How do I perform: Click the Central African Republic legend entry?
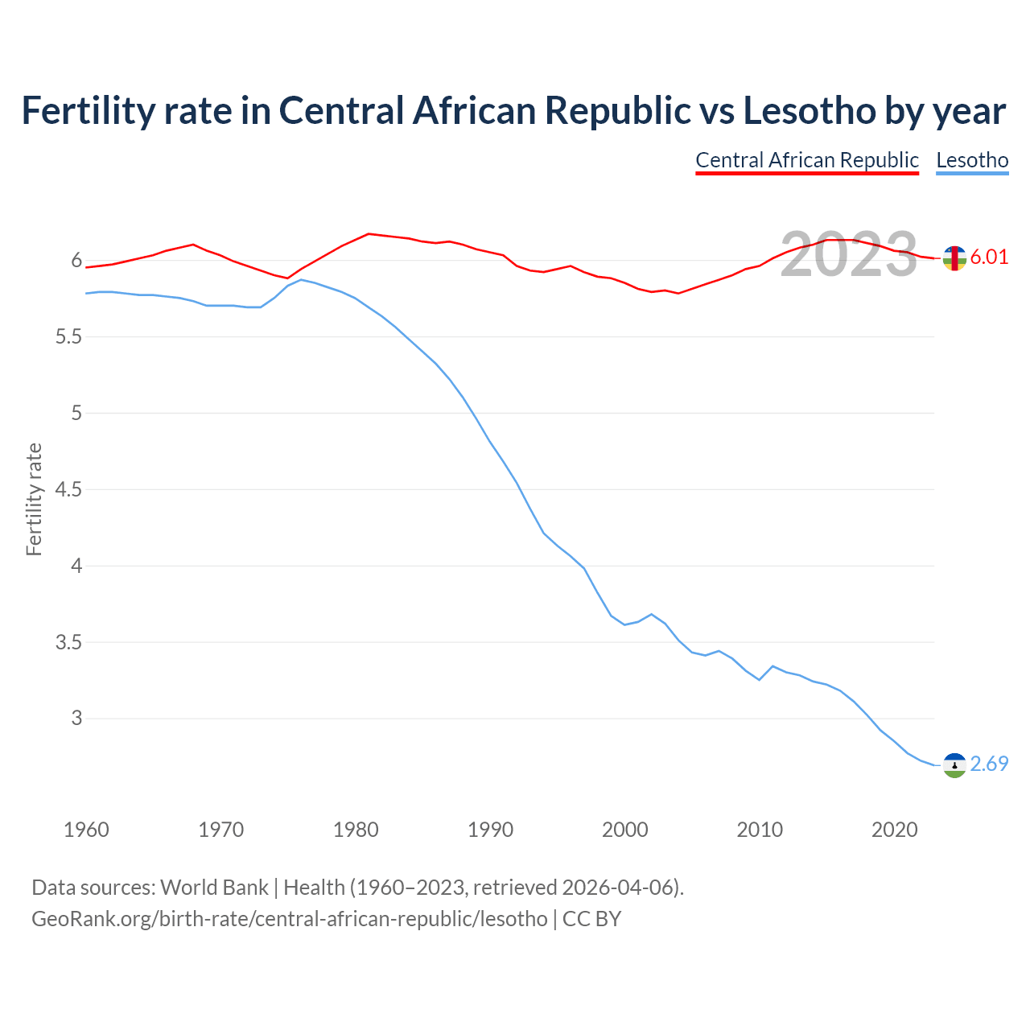[806, 160]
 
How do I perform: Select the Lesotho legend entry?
[972, 160]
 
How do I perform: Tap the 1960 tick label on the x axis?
[86, 830]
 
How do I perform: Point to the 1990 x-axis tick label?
[490, 830]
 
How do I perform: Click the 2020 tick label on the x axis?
[894, 830]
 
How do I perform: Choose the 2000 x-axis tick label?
[624, 830]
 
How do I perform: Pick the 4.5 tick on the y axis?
[68, 489]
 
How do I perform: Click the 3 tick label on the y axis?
[77, 718]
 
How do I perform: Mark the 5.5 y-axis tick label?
[68, 336]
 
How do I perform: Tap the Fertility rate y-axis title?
[34, 499]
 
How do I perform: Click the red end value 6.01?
[989, 257]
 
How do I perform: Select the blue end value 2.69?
[989, 764]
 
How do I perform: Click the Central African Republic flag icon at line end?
[954, 258]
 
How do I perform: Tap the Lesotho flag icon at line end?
[954, 765]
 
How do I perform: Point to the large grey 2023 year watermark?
[849, 254]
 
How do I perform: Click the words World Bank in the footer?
[214, 888]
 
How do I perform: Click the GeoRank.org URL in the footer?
[290, 919]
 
